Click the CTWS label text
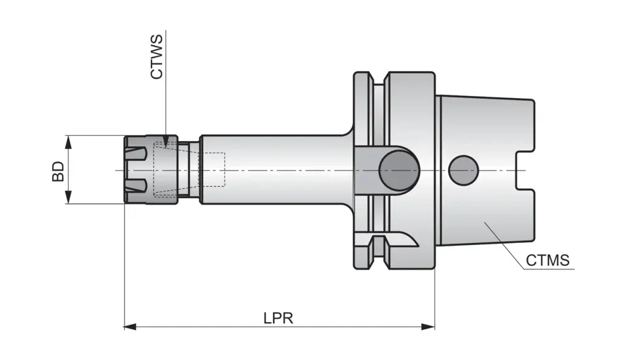157,57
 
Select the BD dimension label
59,171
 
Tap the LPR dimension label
278,318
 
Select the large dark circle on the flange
398,171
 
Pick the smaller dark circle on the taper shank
464,170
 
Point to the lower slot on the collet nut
136,186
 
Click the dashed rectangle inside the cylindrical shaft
214,170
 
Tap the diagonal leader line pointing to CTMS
505,244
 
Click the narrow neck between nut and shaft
194,170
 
